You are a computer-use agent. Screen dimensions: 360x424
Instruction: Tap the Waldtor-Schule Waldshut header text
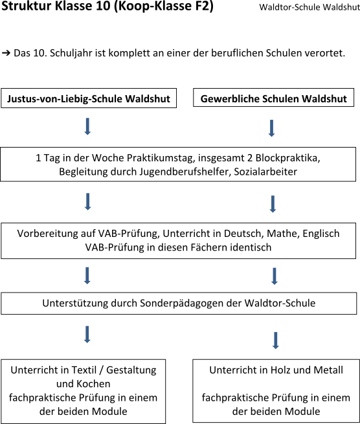click(309, 7)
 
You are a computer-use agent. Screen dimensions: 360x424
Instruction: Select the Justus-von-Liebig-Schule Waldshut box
click(89, 98)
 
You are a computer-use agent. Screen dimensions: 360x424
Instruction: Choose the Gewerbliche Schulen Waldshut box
click(273, 98)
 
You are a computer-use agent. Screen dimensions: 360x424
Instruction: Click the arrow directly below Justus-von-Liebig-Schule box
click(87, 126)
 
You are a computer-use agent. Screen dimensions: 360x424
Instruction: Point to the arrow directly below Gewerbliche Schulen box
click(271, 128)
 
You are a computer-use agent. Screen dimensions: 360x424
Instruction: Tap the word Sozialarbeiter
click(265, 172)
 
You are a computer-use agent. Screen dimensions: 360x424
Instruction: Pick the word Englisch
click(321, 234)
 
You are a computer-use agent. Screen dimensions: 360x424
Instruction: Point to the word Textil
click(84, 370)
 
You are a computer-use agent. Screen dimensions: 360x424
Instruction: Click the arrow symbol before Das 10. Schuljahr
click(6, 53)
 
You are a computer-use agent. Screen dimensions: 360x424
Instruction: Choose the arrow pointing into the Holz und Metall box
click(276, 340)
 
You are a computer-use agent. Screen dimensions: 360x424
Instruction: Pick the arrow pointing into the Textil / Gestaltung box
click(87, 335)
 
